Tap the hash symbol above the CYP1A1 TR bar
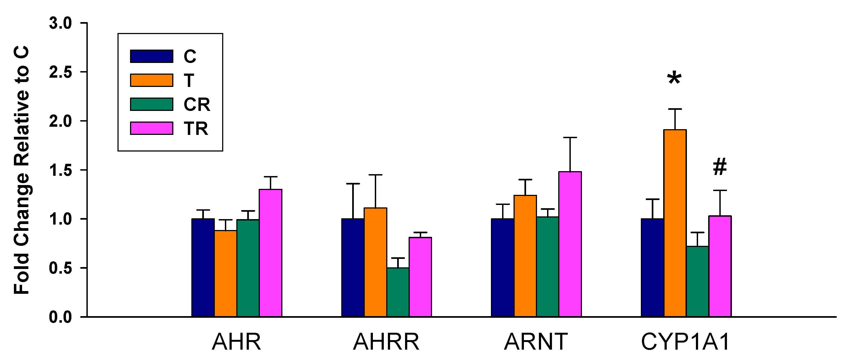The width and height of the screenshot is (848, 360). (720, 167)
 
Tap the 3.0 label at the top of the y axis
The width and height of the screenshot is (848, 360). (61, 23)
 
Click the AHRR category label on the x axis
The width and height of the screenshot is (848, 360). (386, 342)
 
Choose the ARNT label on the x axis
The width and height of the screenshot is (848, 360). (536, 342)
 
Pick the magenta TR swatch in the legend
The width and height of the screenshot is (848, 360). (152, 128)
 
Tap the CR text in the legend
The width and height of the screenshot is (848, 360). (197, 105)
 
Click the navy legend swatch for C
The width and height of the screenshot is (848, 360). (152, 56)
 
